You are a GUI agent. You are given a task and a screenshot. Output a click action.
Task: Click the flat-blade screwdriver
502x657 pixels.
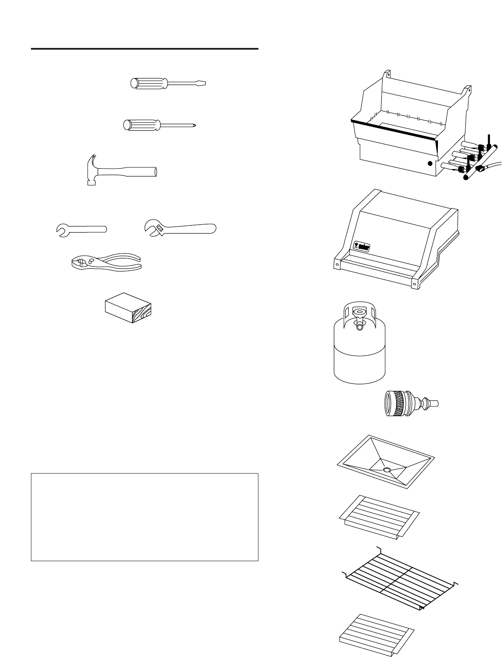(x=168, y=83)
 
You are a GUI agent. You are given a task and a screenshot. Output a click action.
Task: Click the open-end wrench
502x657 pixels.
(x=82, y=230)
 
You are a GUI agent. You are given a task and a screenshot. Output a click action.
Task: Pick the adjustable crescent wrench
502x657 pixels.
(x=180, y=229)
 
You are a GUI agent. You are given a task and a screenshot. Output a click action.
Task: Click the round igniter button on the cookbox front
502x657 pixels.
(x=430, y=164)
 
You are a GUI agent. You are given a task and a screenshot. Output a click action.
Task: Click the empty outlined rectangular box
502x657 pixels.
(x=145, y=517)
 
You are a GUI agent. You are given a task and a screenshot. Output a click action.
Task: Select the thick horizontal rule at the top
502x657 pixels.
(x=145, y=48)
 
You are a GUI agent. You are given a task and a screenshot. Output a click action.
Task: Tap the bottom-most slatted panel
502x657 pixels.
(x=377, y=634)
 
